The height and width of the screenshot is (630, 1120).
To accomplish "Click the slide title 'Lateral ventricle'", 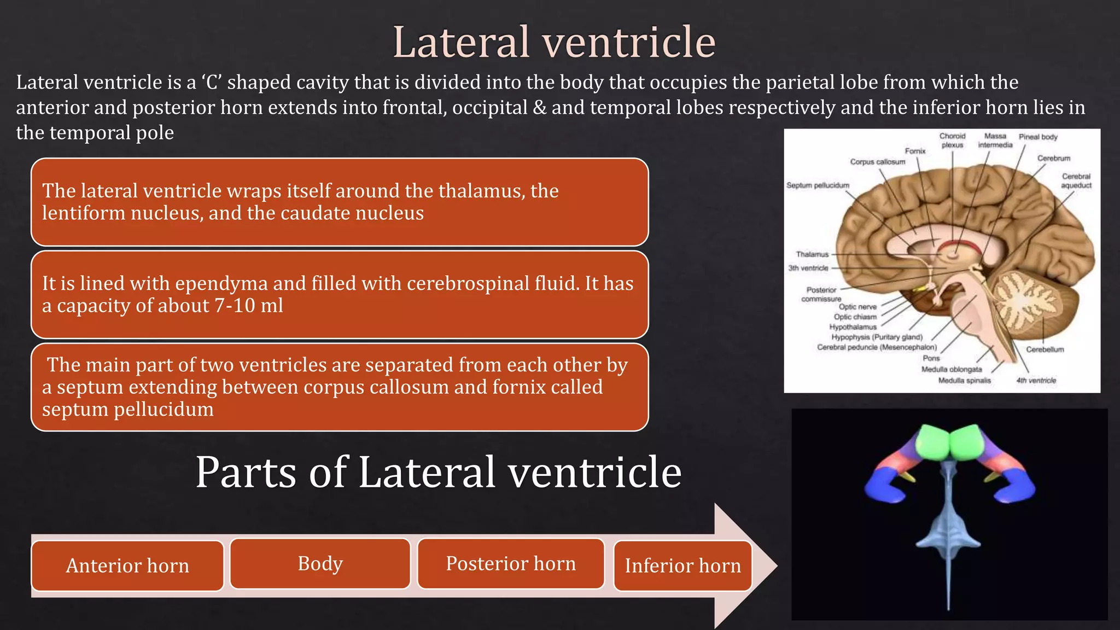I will point(554,42).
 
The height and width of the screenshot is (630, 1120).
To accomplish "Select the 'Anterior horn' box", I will point(127,565).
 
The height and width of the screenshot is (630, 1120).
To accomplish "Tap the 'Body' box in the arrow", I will point(320,563).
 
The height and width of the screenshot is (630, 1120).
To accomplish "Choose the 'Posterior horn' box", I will point(511,563).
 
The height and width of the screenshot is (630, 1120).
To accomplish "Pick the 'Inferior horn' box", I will point(682,565).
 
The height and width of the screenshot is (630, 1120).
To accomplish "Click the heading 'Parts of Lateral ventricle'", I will point(438,472).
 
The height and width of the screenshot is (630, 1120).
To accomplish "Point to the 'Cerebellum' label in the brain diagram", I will point(1045,349).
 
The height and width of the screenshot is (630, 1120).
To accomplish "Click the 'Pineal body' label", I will point(1037,137).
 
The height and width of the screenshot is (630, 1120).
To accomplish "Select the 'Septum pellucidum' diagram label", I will point(818,185).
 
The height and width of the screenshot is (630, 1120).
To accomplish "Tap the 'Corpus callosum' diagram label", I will point(877,162).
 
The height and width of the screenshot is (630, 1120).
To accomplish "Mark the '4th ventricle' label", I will point(1036,381).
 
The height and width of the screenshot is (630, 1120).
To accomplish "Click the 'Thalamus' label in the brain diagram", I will point(812,254).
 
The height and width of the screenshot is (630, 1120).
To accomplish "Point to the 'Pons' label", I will point(931,358).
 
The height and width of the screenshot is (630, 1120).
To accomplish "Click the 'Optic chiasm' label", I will point(855,317).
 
